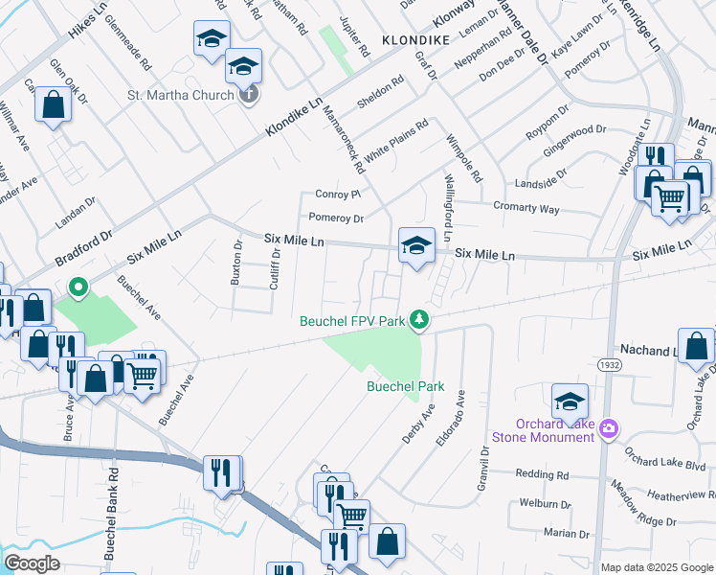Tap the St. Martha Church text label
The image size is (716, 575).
[x=181, y=95]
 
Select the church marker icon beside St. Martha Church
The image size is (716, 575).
[x=248, y=94]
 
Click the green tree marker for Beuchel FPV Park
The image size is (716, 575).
[x=418, y=319]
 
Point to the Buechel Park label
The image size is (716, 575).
[x=407, y=386]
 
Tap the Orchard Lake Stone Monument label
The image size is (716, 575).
[x=543, y=430]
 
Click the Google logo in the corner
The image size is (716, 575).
[x=32, y=563]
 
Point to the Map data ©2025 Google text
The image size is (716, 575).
[x=657, y=567]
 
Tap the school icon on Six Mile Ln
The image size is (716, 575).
[x=416, y=245]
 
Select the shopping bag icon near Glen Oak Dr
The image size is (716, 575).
[x=54, y=104]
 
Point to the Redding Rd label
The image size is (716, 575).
[x=542, y=474]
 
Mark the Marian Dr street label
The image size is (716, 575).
[x=565, y=534]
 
